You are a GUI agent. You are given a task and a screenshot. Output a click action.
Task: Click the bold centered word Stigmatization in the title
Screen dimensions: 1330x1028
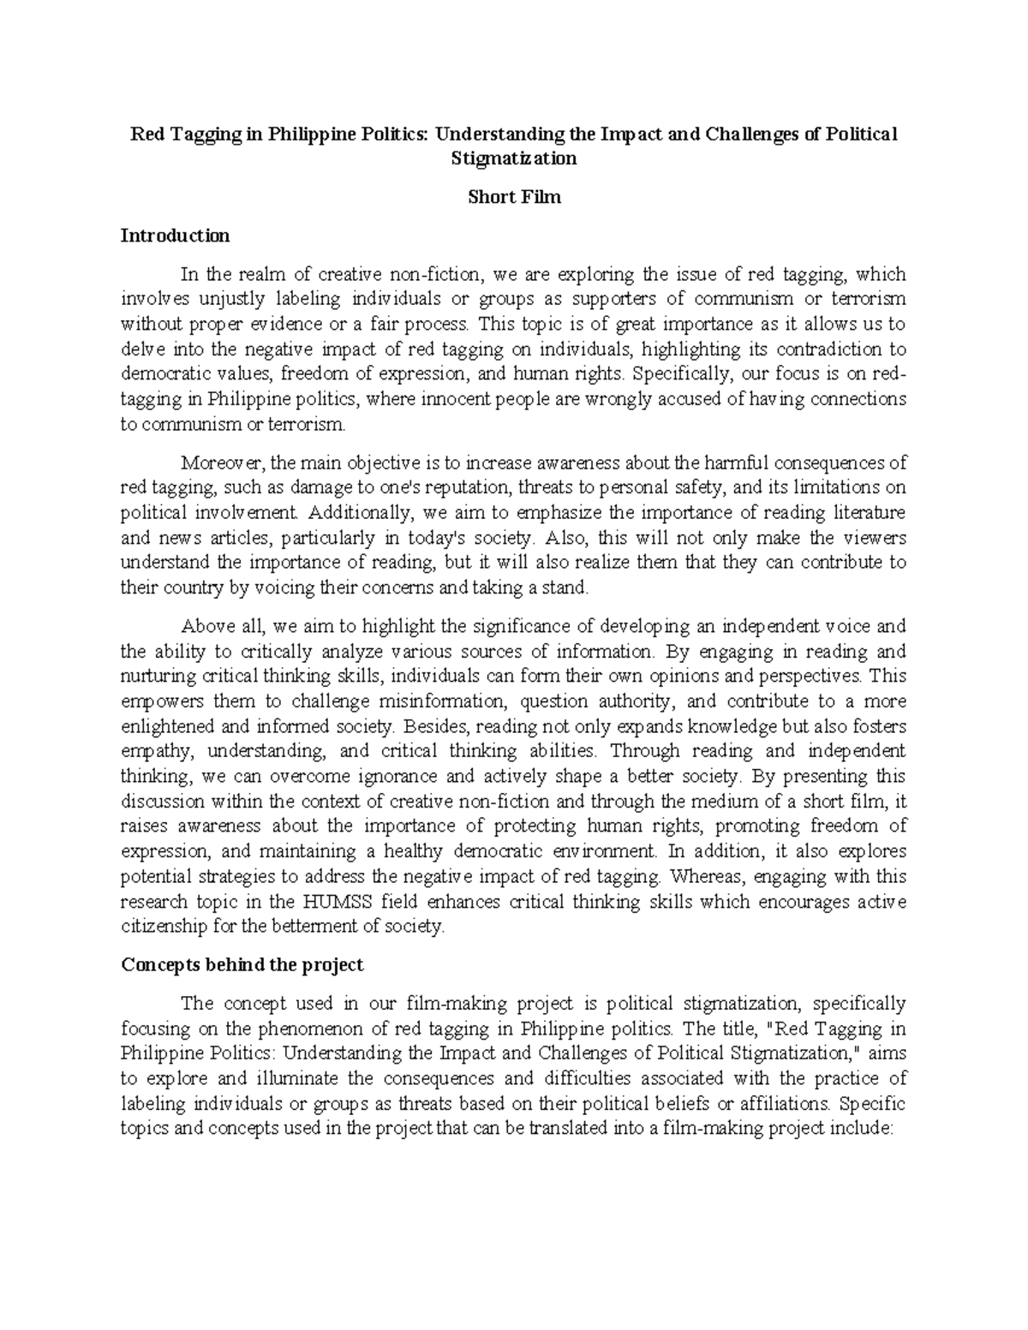point(513,158)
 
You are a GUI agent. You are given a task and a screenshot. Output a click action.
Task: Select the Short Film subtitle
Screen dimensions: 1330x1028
point(513,197)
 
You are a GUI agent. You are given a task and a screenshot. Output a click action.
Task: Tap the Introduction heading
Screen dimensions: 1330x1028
point(175,236)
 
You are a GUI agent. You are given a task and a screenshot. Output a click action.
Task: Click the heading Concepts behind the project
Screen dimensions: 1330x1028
point(242,965)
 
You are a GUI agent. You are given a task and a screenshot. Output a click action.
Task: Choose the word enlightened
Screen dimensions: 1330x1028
point(168,726)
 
